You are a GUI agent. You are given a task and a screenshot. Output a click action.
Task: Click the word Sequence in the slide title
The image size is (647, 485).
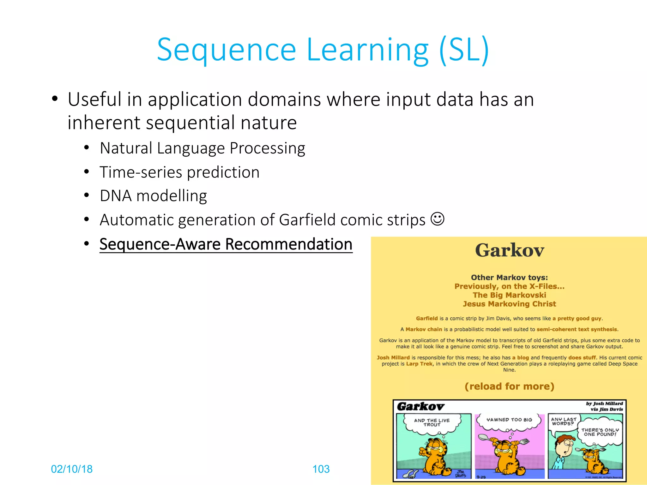226,50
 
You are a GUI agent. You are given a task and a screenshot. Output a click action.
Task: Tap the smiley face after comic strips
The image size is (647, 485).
438,219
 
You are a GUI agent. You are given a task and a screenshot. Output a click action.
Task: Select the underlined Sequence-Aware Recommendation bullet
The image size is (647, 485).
226,244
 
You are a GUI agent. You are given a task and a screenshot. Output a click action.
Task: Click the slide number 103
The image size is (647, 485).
321,469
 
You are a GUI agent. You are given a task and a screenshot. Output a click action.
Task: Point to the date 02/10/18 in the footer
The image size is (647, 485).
72,469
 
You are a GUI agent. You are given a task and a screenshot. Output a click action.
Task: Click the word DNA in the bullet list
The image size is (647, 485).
116,196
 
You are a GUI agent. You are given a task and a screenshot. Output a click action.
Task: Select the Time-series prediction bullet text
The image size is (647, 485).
179,172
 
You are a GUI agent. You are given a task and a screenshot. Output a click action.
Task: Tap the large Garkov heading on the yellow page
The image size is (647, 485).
509,250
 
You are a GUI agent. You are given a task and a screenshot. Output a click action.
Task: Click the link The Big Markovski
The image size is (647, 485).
509,295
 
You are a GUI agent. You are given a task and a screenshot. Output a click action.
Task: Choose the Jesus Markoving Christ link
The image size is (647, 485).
509,304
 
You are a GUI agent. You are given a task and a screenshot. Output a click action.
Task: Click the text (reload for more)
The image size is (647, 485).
509,386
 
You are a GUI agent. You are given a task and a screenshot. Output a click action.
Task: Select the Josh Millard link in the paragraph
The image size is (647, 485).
393,357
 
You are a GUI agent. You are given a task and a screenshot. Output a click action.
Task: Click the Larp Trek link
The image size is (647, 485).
419,364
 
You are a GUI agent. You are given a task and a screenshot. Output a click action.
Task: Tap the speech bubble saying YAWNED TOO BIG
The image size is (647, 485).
509,420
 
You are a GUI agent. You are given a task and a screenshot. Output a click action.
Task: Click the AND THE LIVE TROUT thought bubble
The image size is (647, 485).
432,422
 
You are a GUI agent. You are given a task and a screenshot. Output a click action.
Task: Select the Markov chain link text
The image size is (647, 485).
424,329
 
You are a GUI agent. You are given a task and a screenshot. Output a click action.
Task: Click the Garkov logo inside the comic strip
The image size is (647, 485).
420,406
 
